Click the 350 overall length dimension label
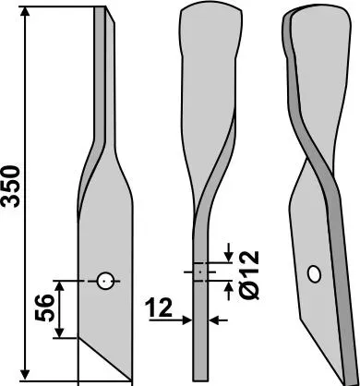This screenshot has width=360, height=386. click(x=11, y=186)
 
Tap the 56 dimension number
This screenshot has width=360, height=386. click(x=43, y=308)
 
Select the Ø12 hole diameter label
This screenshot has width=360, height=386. click(x=249, y=275)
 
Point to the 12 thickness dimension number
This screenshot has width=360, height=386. click(x=160, y=308)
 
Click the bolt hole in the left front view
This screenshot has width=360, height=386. click(x=105, y=281)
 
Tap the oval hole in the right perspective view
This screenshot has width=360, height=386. click(x=315, y=274)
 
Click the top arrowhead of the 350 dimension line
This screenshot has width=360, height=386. click(x=25, y=12)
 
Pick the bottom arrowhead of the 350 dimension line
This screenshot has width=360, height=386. click(x=25, y=375)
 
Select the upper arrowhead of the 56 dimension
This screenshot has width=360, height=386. click(x=60, y=286)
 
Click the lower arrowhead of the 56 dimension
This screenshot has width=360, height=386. click(x=60, y=332)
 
